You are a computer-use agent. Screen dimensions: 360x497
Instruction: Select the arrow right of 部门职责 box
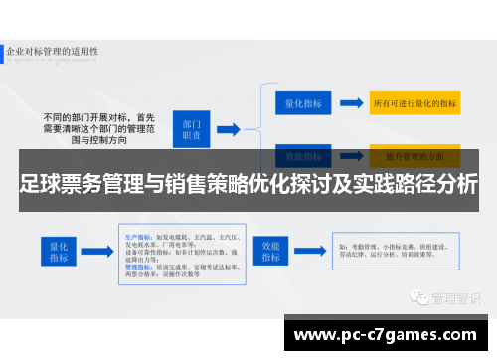point(228,128)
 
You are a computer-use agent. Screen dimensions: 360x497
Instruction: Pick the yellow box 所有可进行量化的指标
point(414,101)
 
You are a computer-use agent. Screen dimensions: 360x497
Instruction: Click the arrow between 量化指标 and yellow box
point(350,101)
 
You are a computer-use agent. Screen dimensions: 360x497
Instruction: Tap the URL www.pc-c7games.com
point(387,335)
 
